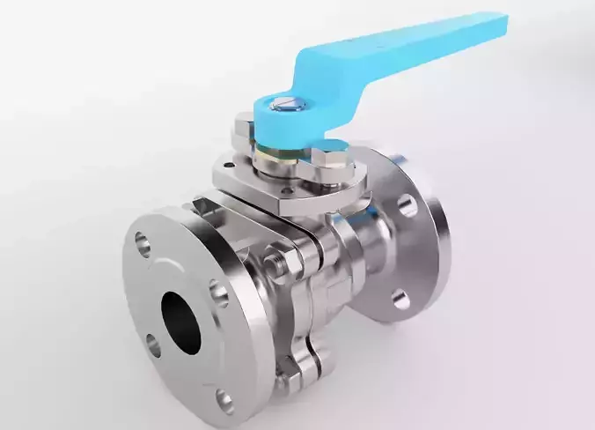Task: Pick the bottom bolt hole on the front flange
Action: pos(225,402)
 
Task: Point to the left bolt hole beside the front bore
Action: pos(154,345)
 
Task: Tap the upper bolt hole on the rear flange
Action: pos(407,205)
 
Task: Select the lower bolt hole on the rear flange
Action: pos(400,299)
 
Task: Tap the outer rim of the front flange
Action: pos(132,291)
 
